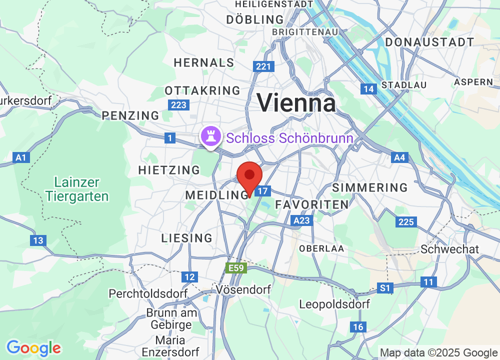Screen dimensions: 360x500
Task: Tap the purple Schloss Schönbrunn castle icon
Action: pos(210,135)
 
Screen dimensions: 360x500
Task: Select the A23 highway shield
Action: pos(302,220)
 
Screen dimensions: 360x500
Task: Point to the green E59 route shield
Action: pos(236,268)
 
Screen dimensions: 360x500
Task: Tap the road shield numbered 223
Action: pos(178,105)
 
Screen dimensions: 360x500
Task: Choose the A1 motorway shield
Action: pos(20,158)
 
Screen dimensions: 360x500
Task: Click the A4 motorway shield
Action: pos(399,158)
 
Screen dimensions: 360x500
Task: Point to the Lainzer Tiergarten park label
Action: pos(77,189)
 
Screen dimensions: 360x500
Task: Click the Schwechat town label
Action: pos(450,249)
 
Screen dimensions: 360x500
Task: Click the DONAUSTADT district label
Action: pos(429,42)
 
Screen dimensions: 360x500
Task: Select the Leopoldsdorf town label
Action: pos(334,304)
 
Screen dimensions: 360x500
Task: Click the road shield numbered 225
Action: pos(405,221)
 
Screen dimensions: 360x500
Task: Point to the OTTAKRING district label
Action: pos(202,90)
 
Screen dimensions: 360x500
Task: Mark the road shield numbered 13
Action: pos(38,240)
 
